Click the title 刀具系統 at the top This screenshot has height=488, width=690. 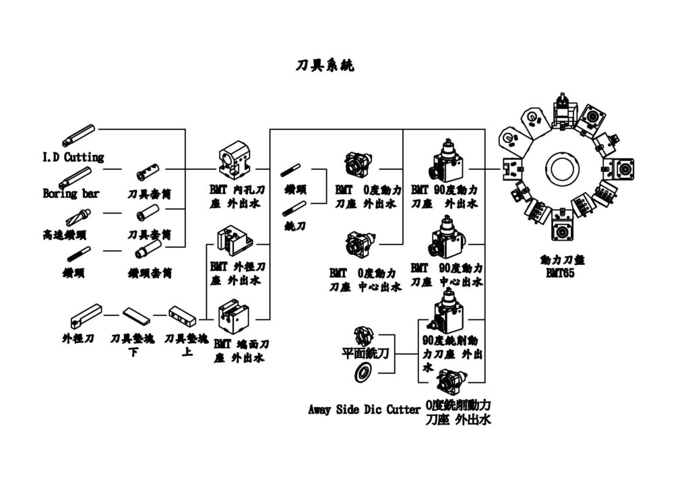pos(325,65)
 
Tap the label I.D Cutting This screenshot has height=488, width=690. pos(73,157)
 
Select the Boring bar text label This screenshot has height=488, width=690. pos(71,193)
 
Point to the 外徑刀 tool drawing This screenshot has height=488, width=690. pos(86,315)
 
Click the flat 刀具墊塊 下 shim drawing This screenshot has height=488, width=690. pos(137,315)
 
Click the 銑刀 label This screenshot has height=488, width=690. pos(294,226)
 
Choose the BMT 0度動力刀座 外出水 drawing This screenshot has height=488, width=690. pos(358,164)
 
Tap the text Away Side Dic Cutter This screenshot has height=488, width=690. pos(365,410)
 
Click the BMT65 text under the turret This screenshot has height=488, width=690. pos(561,274)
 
